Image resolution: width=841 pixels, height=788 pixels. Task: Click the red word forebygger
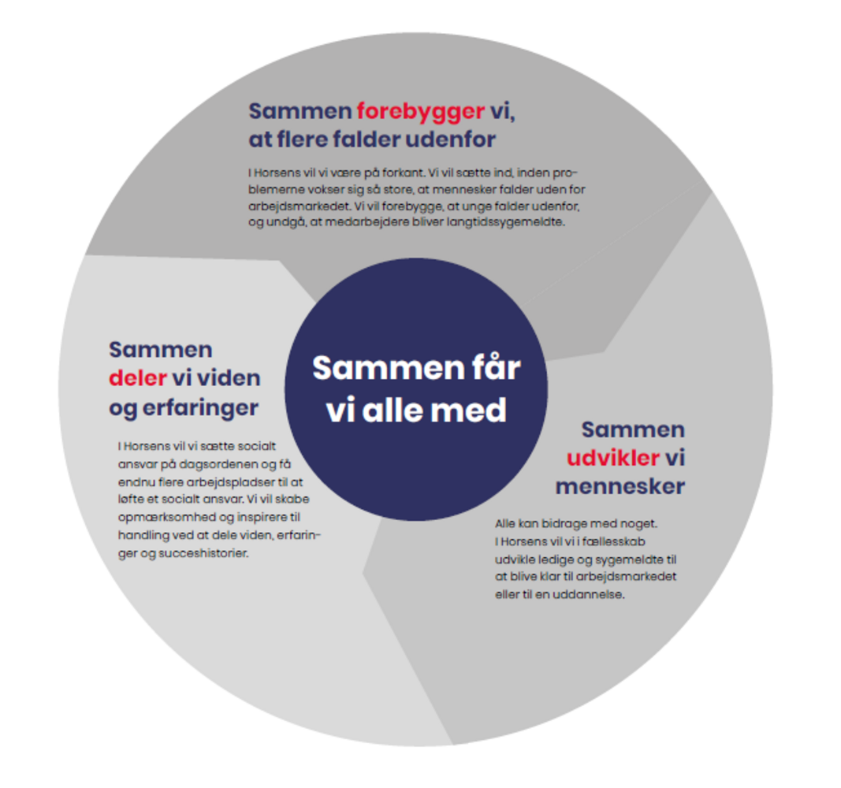point(420,110)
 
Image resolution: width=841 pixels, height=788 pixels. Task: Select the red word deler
point(137,378)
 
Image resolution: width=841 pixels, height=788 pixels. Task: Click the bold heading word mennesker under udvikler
point(620,487)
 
